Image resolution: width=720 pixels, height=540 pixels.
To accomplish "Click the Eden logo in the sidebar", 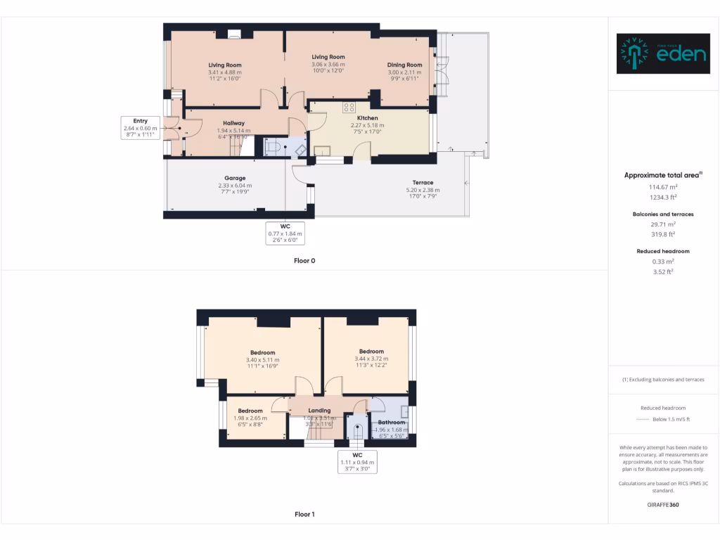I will tap(663, 53).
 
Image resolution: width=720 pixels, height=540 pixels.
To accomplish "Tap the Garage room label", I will tap(235, 178).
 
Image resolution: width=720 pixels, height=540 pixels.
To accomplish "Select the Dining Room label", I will tap(404, 65).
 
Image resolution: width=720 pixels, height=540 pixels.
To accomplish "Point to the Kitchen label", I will tap(367, 118).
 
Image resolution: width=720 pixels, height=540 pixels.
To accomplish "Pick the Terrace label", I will tap(423, 183).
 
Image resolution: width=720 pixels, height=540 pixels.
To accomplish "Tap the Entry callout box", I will tap(140, 126).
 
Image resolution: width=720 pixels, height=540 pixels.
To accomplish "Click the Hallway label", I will tap(233, 123).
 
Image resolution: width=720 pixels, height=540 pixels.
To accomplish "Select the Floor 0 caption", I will tap(304, 260).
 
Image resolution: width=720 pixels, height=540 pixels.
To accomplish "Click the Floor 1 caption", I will tap(304, 514).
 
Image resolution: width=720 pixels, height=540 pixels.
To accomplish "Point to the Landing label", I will tap(319, 411).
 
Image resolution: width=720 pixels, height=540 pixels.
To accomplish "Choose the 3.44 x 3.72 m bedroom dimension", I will tap(371, 359).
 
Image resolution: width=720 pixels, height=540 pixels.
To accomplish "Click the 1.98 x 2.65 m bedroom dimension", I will tap(250, 418).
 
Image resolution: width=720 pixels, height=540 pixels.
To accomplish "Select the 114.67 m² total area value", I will tap(662, 187).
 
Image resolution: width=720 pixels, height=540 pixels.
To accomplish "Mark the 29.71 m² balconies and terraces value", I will tap(662, 224).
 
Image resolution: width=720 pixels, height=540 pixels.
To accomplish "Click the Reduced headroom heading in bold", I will tap(662, 251).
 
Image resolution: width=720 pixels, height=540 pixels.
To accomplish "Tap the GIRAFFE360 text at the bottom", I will tap(662, 504).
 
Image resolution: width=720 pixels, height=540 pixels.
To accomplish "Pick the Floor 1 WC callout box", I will tap(357, 461).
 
